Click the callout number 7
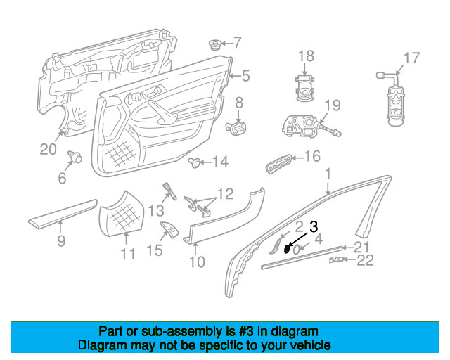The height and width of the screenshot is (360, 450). tap(237, 42)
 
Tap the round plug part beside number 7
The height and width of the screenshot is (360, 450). tap(214, 45)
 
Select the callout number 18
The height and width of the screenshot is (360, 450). tap(306, 56)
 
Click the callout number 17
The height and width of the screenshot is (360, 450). tap(411, 58)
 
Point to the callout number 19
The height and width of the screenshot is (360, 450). tap(332, 106)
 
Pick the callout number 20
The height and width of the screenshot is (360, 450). tap(47, 148)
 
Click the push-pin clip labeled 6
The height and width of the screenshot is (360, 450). tap(74, 157)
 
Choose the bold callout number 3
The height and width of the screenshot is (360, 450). tap(314, 226)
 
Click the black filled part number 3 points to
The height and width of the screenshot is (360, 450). tap(288, 247)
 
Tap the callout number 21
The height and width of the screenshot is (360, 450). tap(361, 246)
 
